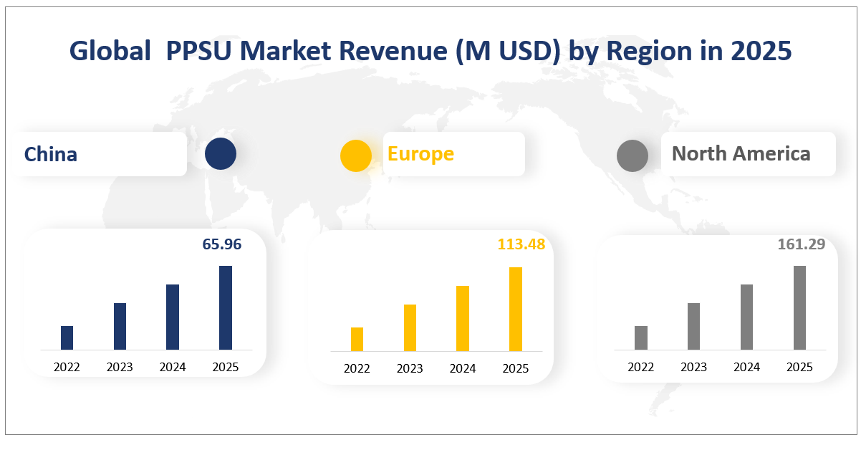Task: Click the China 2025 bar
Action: pyautogui.click(x=226, y=307)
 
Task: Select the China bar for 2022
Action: pyautogui.click(x=67, y=337)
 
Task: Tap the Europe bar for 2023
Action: pyautogui.click(x=410, y=327)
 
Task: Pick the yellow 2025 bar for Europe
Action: pyautogui.click(x=516, y=309)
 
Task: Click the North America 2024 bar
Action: pyautogui.click(x=746, y=317)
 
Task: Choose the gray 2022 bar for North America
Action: pyautogui.click(x=641, y=337)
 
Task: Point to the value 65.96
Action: pyautogui.click(x=222, y=244)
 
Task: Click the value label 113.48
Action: pyautogui.click(x=521, y=244)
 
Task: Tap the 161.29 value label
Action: pyautogui.click(x=802, y=244)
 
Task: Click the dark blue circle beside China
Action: pyautogui.click(x=220, y=154)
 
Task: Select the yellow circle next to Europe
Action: pyautogui.click(x=356, y=155)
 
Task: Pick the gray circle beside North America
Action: pyautogui.click(x=632, y=155)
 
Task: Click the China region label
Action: pyautogui.click(x=51, y=154)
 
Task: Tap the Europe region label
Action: pyautogui.click(x=420, y=153)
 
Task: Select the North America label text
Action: pyautogui.click(x=741, y=153)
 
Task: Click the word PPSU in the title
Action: pyautogui.click(x=207, y=51)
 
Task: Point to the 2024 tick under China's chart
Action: pyautogui.click(x=173, y=368)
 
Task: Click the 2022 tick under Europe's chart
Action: pyautogui.click(x=357, y=369)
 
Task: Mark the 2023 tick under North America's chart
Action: pyautogui.click(x=693, y=368)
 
